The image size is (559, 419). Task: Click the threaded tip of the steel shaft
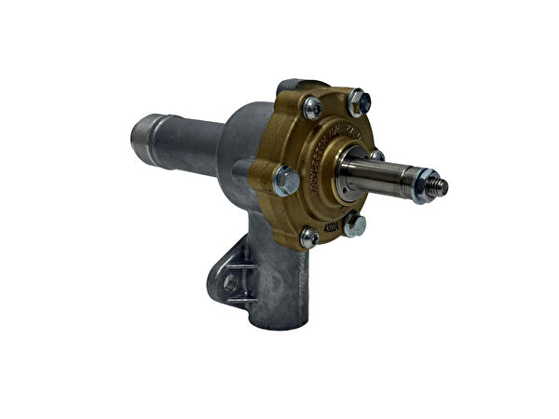(439, 188)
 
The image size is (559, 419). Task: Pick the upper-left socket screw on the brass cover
(313, 108)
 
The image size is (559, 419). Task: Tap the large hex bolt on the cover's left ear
(286, 180)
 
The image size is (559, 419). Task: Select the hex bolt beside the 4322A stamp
(354, 224)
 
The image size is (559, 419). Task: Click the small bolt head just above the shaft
(376, 155)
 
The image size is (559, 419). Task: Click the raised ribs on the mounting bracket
(240, 279)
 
